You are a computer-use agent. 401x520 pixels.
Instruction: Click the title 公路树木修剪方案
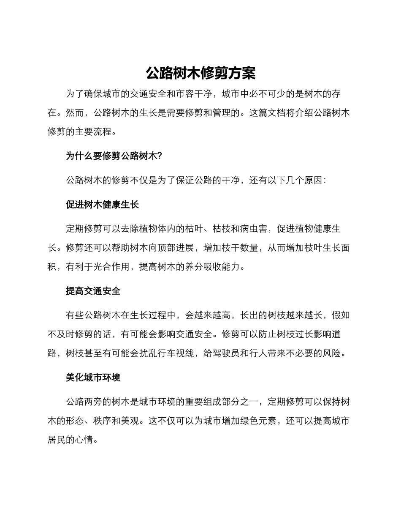[200, 73]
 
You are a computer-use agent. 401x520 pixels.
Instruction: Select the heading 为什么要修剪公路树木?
[113, 156]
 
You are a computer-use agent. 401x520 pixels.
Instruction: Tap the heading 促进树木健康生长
[102, 205]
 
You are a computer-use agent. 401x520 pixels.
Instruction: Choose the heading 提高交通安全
[93, 291]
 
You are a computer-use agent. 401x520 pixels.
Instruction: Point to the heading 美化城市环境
[93, 377]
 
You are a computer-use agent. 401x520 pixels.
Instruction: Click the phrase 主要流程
[98, 131]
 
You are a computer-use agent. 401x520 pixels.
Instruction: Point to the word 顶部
[162, 248]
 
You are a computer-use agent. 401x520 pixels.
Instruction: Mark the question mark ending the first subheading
[160, 156]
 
